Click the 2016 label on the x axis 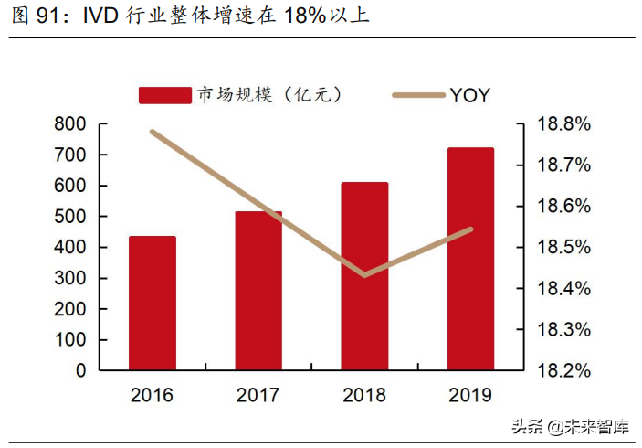click(x=152, y=396)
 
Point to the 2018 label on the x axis click(x=364, y=396)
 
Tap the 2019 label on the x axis click(x=470, y=396)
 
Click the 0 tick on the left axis click(x=80, y=371)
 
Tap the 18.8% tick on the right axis click(x=562, y=124)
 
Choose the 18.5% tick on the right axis click(x=562, y=248)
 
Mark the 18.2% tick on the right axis click(x=562, y=371)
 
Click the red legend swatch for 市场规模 click(x=165, y=95)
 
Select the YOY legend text click(x=469, y=95)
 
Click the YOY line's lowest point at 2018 click(x=364, y=274)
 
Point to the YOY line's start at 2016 click(x=152, y=132)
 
